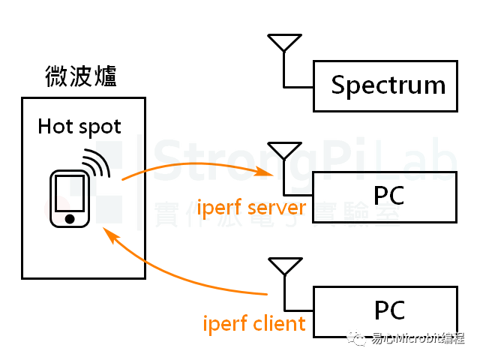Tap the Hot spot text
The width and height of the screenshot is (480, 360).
79,126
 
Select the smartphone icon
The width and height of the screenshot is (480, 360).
70,197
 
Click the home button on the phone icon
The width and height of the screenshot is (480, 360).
70,218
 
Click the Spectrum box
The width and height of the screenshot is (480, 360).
385,85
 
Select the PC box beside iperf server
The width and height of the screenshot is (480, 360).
385,196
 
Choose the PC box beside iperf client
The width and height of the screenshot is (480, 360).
385,310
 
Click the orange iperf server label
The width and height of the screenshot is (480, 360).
251,207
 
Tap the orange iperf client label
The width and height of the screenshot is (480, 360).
255,323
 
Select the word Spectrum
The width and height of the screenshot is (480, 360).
388,85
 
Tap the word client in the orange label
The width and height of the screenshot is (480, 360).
278,323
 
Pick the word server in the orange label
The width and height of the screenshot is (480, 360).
277,207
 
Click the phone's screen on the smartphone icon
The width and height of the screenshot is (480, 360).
70,193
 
